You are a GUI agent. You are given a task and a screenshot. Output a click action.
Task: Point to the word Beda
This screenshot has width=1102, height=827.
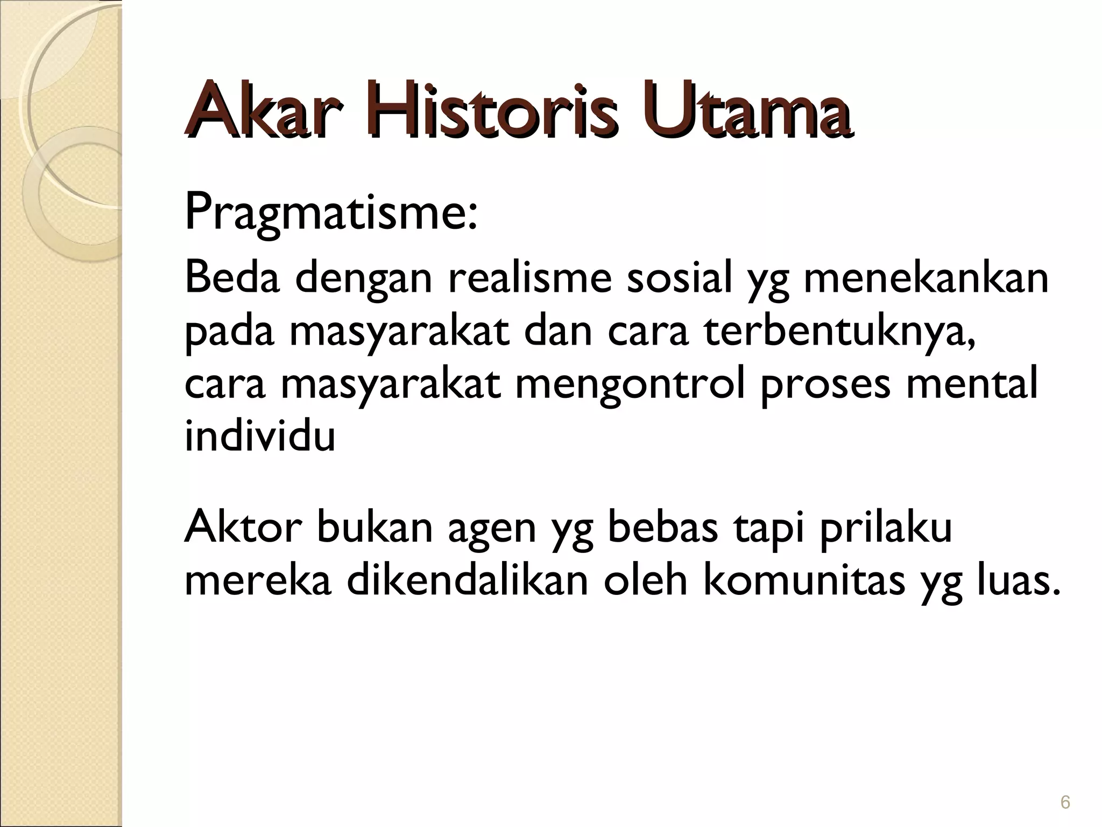[232, 278]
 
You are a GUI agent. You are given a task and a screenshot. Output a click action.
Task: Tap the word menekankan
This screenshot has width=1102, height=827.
[926, 278]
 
